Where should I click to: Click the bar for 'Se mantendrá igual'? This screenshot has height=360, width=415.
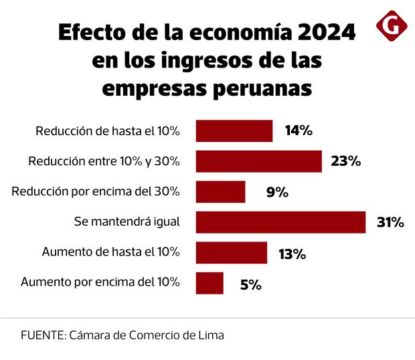pos(280,222)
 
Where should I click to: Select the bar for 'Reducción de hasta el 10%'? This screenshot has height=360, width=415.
pos(234,131)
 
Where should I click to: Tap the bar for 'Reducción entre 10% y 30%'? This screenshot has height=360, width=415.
pos(258,161)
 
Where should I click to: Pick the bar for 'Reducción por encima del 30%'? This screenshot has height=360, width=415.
pos(220,192)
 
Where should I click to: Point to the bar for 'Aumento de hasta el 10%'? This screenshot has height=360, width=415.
pos(232,253)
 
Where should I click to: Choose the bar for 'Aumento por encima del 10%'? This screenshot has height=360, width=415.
pos(210,283)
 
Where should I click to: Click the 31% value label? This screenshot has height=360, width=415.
pos(390,222)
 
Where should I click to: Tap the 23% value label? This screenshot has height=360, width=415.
pos(345,161)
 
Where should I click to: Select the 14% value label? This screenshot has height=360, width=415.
pos(299,131)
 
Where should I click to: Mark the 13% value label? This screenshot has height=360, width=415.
pos(292,254)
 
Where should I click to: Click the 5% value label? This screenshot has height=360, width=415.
pos(250,284)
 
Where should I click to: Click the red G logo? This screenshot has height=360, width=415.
pos(392,25)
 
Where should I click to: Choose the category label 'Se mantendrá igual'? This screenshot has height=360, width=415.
pos(127,221)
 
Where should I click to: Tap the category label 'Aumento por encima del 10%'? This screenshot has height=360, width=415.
pos(100,282)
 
